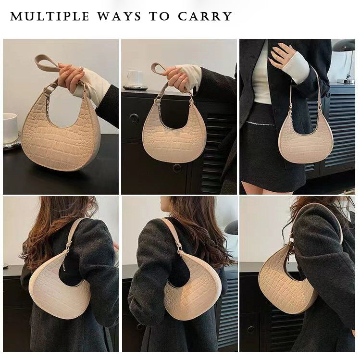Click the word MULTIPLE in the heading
pyautogui.click(x=50, y=16)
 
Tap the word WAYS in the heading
pyautogui.click(x=119, y=16)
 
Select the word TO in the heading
pyautogui.click(x=160, y=16)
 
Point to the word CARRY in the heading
pyautogui.click(x=205, y=16)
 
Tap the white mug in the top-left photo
pyautogui.click(x=10, y=128)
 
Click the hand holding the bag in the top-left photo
pyautogui.click(x=71, y=77)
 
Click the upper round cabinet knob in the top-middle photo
pyautogui.click(x=134, y=118)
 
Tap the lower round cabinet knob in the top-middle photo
pyautogui.click(x=177, y=168)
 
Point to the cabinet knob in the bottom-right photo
pyautogui.click(x=251, y=330)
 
